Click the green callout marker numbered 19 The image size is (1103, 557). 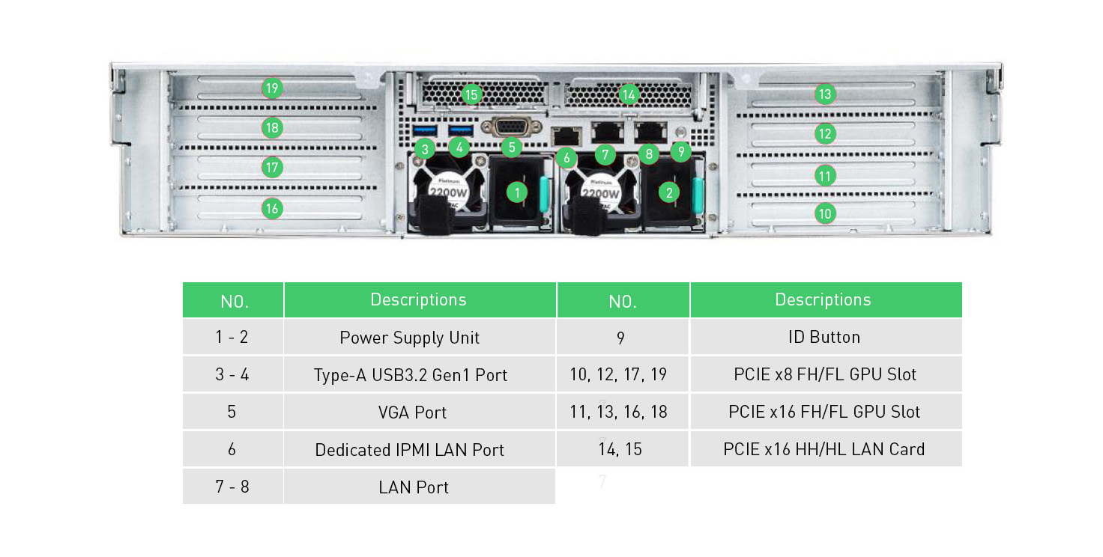coord(272,88)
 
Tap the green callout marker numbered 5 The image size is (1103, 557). coord(512,147)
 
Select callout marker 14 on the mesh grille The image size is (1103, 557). coord(629,94)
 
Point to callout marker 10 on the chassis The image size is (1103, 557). coord(825,213)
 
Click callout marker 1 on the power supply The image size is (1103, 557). coord(516,192)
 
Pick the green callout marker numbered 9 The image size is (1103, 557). coord(680,152)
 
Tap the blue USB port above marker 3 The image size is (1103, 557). coord(424,131)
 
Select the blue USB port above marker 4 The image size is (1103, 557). coord(460,131)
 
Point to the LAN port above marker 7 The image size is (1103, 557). coord(606,132)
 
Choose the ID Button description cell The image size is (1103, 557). coord(825,337)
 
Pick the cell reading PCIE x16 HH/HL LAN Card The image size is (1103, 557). coord(825,449)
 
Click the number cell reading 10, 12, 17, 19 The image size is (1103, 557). coord(622,374)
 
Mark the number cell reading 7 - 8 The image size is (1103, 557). coord(232,487)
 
